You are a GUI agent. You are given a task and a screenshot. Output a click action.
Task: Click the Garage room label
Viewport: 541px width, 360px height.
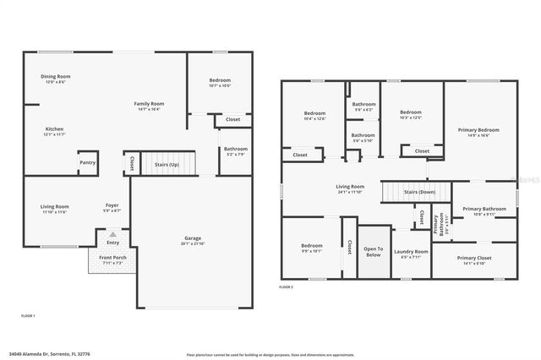click(193, 239)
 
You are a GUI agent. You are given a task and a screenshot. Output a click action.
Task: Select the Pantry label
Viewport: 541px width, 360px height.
click(87, 163)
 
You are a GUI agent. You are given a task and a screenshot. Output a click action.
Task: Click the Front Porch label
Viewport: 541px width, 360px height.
click(112, 260)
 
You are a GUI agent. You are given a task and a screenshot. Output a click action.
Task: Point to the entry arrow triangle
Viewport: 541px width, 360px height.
click(113, 234)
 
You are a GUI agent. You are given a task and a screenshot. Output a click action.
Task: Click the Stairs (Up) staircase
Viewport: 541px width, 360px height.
click(167, 164)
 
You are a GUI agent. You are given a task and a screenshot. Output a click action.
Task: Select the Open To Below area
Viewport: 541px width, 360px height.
click(373, 251)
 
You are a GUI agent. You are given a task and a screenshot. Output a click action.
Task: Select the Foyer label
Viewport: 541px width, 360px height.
click(111, 206)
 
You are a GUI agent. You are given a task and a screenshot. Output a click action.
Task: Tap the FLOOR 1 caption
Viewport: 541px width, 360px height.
click(28, 315)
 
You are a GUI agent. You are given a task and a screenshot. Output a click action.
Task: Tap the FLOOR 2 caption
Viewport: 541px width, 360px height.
click(287, 287)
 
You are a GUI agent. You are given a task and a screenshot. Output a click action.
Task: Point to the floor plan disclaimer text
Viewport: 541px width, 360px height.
click(270, 354)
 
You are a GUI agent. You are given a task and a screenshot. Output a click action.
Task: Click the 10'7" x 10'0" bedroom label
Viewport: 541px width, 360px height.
click(219, 83)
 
